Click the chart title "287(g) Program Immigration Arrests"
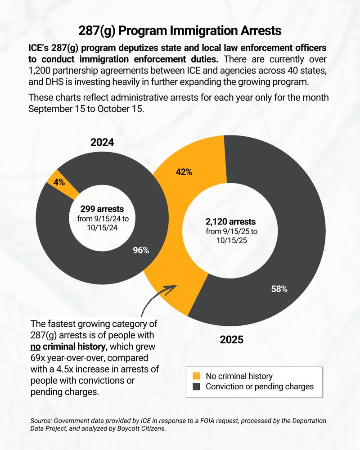[180, 31]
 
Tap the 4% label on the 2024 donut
[59, 182]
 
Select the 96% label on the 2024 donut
[141, 251]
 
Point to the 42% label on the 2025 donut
[184, 172]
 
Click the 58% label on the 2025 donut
[279, 289]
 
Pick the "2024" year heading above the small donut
[102, 143]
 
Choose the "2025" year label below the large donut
[231, 340]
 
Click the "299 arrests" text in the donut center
[102, 209]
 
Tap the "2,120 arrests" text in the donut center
[231, 221]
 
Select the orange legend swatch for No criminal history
[196, 376]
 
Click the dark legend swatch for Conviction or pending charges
[196, 387]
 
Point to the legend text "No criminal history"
[239, 376]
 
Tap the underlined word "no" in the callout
[36, 347]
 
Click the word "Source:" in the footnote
[42, 420]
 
